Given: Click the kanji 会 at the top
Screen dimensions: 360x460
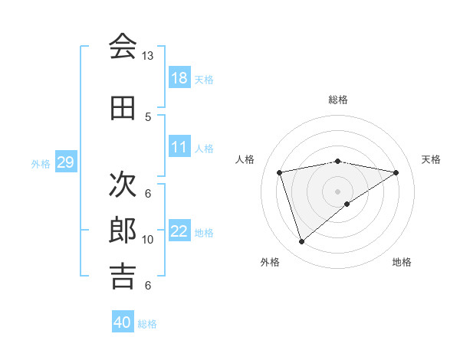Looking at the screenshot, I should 123,47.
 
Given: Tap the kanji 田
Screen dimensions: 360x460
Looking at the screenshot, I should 123,108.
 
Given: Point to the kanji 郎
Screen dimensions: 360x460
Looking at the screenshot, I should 123,231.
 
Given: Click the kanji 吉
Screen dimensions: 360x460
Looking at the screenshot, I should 123,277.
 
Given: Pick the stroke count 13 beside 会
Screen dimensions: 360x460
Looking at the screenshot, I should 148,56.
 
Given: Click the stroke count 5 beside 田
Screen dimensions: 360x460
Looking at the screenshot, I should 148,116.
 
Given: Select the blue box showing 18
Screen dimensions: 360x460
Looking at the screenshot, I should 179,78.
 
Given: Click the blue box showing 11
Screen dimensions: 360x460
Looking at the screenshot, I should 179,147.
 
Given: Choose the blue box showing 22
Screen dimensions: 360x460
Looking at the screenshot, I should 179,231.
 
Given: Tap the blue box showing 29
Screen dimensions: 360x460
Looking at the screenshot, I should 64,162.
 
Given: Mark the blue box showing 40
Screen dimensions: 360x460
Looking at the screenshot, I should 122,322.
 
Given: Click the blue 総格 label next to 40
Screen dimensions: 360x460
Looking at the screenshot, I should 147,324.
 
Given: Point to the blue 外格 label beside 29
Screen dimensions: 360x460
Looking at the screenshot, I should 41,163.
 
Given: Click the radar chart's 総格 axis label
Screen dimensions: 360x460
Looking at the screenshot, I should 338,100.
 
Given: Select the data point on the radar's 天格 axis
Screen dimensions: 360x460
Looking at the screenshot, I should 396,172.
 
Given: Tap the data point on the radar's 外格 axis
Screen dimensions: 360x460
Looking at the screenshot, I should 301,242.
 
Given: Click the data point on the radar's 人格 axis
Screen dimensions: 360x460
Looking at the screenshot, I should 281,172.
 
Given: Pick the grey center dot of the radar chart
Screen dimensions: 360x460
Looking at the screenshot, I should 338,191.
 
